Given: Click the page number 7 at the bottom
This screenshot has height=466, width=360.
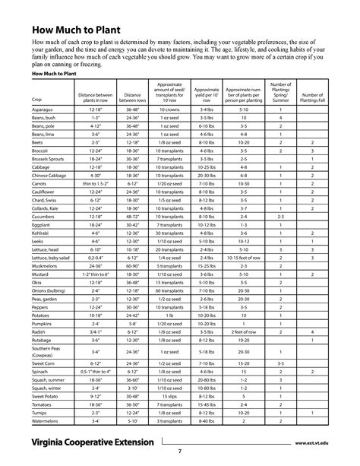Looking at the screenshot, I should pyautogui.click(x=179, y=452).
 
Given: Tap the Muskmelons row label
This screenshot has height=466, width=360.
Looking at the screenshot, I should pyautogui.click(x=48, y=267).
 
